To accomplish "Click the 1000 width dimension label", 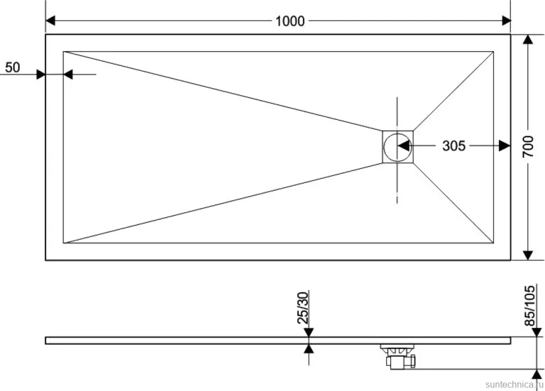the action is pyautogui.click(x=290, y=21).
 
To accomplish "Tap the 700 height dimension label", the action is pyautogui.click(x=528, y=147).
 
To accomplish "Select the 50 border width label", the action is pyautogui.click(x=12, y=68).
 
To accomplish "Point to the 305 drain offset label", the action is pyautogui.click(x=453, y=146).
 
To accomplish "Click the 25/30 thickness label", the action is pyautogui.click(x=303, y=308).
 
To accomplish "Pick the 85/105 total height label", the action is pyautogui.click(x=529, y=305).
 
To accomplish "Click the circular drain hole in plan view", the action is pyautogui.click(x=397, y=147).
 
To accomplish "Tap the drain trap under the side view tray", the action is pyautogui.click(x=399, y=356).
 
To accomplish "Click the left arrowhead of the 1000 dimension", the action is pyautogui.click(x=51, y=21).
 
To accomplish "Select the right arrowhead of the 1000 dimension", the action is pyautogui.click(x=506, y=21).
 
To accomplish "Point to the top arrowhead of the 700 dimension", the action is pyautogui.click(x=528, y=39).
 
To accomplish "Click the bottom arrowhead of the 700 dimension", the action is pyautogui.click(x=528, y=255).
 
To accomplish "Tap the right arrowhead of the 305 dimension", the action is pyautogui.click(x=505, y=146).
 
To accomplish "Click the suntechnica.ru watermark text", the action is pyautogui.click(x=514, y=384).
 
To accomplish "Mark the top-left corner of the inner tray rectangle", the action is pyautogui.click(x=63, y=52).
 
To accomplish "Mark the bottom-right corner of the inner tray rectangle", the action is pyautogui.click(x=493, y=242).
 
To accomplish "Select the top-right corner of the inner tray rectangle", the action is pyautogui.click(x=493, y=52).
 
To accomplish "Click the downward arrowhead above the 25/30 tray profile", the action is pyautogui.click(x=308, y=332).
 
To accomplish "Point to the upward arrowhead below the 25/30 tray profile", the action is pyautogui.click(x=308, y=348).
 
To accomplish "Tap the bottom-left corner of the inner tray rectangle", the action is pyautogui.click(x=63, y=242).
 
